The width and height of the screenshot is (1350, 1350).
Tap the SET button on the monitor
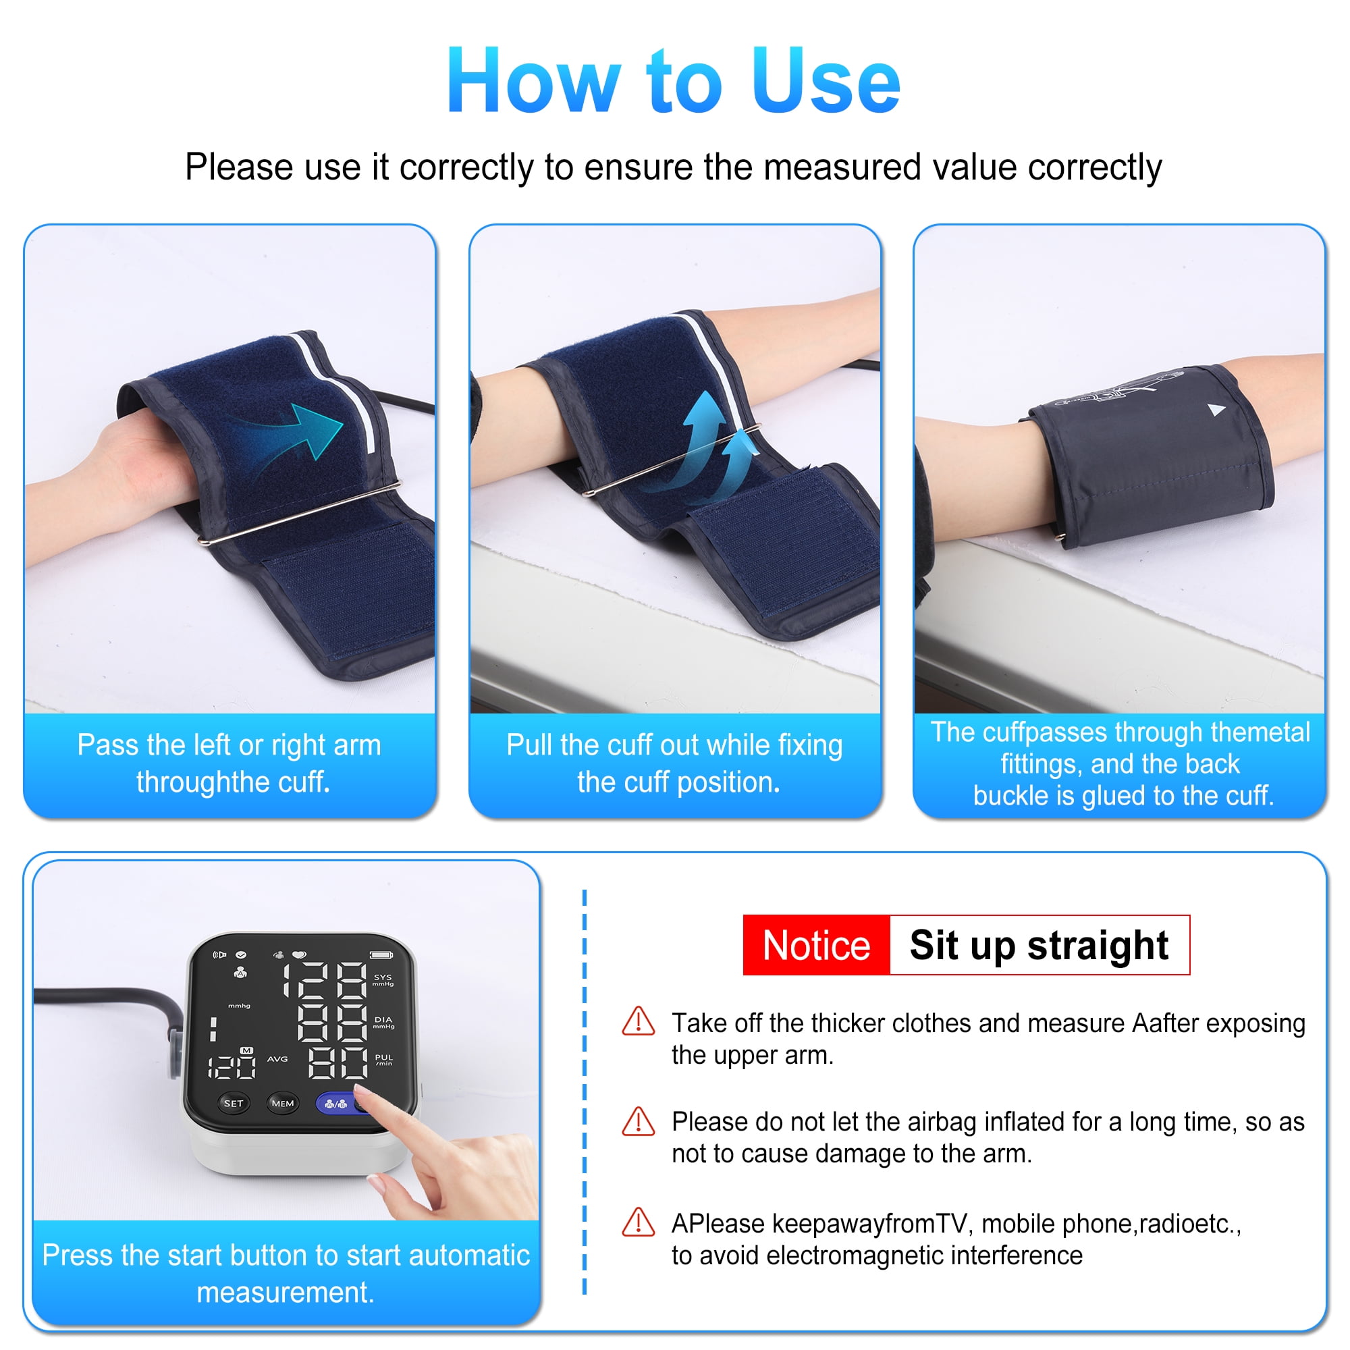pos(234,1104)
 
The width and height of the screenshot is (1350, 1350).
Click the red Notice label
pos(816,946)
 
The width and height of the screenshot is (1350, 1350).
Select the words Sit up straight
pos(1039,946)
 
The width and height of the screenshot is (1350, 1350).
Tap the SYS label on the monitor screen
pos(383,977)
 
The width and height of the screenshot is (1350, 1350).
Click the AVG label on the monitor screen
pos(277,1058)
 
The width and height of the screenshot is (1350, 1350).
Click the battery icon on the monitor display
pos(381,955)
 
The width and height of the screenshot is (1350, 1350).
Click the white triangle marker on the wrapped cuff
pos(1216,410)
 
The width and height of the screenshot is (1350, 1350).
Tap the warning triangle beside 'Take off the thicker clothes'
pos(638,1021)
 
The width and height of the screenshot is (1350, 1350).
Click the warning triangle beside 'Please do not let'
pos(638,1120)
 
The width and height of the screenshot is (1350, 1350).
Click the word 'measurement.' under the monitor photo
pos(285,1293)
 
